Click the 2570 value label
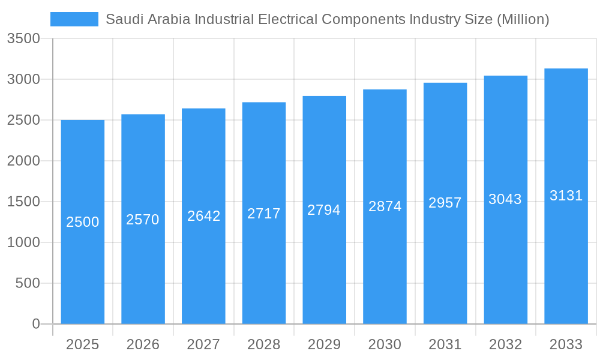pyautogui.click(x=143, y=220)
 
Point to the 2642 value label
pyautogui.click(x=203, y=216)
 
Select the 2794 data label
pyautogui.click(x=324, y=210)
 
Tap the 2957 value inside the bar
pyautogui.click(x=445, y=203)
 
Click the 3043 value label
pyautogui.click(x=505, y=199)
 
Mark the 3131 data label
pyautogui.click(x=566, y=196)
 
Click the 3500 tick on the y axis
pyautogui.click(x=23, y=39)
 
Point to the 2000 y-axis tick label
pyautogui.click(x=23, y=161)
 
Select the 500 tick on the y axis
pyautogui.click(x=28, y=283)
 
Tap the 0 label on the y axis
pyautogui.click(x=35, y=324)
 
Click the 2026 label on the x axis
pyautogui.click(x=143, y=344)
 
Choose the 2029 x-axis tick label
pyautogui.click(x=324, y=344)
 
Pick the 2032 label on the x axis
pyautogui.click(x=505, y=344)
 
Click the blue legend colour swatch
pyautogui.click(x=74, y=19)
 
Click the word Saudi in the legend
pyautogui.click(x=122, y=19)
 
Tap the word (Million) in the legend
pyautogui.click(x=523, y=19)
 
